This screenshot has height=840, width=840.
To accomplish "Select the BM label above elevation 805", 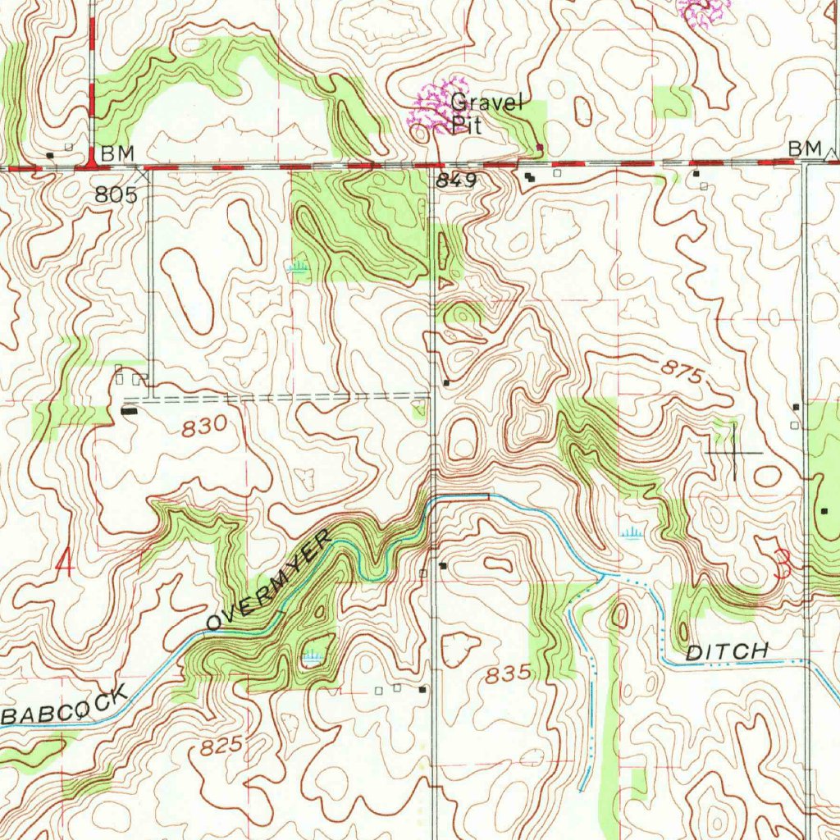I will click(x=117, y=153).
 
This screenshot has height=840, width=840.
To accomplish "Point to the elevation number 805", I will click(x=116, y=194).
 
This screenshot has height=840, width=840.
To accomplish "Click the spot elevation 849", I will click(x=455, y=181).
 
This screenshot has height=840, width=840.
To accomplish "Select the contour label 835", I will click(x=509, y=675).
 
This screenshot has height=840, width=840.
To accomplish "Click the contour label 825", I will click(x=221, y=746).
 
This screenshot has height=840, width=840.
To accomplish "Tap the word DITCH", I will click(x=727, y=651).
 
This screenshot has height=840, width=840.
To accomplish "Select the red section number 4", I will click(x=65, y=562).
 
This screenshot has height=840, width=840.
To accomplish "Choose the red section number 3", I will click(x=784, y=564).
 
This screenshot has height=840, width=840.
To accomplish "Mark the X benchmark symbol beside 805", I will click(x=145, y=174).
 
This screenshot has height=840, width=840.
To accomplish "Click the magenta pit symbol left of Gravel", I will click(x=436, y=107).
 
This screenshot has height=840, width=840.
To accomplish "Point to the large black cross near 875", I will click(x=734, y=452).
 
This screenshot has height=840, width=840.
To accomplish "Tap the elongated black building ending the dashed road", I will click(x=130, y=409).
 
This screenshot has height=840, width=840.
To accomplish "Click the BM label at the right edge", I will click(x=804, y=148).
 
